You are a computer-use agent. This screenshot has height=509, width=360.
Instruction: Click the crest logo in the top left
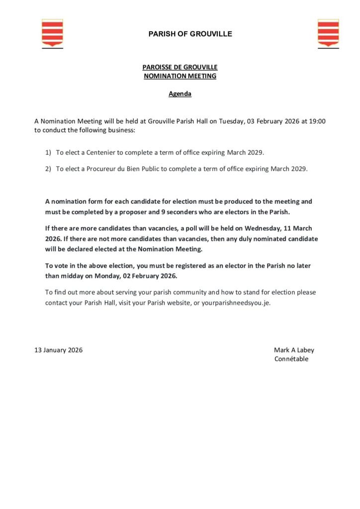click(52, 33)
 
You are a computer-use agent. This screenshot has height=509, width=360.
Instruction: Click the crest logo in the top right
click(328, 33)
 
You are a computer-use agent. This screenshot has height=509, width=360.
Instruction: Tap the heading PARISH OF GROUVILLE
click(190, 34)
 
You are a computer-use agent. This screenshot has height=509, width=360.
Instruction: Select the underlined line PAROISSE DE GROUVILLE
click(180, 67)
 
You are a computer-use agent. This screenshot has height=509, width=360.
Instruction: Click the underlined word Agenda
click(180, 93)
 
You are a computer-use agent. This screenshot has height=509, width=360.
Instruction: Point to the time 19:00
click(316, 121)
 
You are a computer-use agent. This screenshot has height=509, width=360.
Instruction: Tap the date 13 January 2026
click(59, 350)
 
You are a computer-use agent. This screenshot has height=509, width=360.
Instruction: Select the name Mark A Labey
click(294, 350)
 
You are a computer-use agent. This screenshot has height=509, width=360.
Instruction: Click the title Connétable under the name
click(291, 359)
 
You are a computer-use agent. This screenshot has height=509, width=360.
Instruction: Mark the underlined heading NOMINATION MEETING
click(180, 76)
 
